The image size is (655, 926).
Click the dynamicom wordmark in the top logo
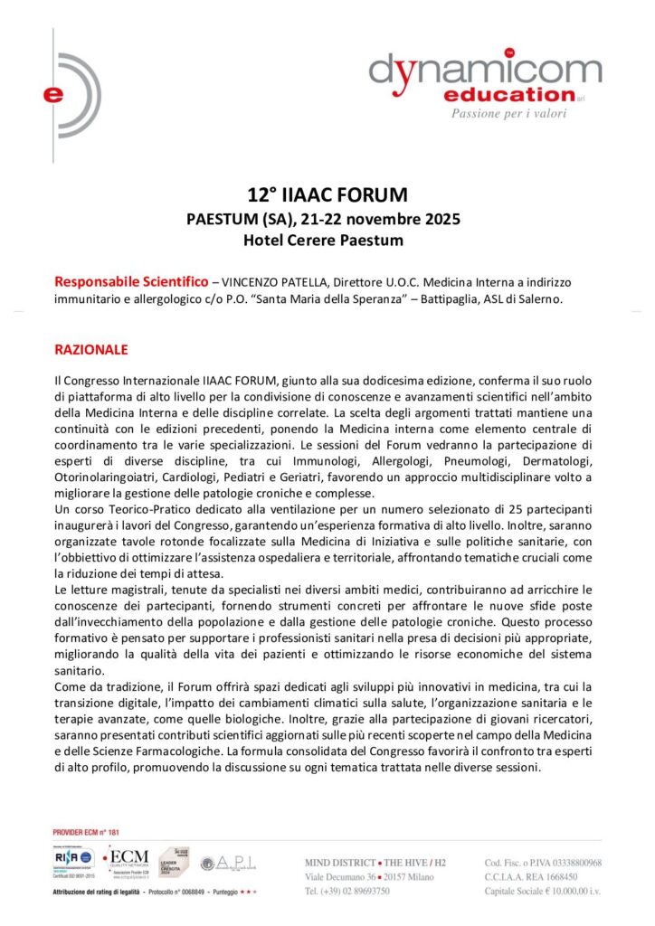tap(484, 70)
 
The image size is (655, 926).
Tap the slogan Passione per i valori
tap(515, 113)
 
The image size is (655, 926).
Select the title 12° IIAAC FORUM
tap(327, 194)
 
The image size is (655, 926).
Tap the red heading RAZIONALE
tap(91, 349)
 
